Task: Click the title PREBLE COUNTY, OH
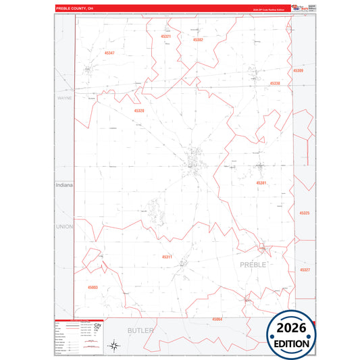[x=76, y=9]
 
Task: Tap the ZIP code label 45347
[x=110, y=53]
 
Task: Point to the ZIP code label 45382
[x=198, y=40]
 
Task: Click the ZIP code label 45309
[x=298, y=70]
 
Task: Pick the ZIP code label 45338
[x=274, y=83]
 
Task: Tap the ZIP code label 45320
[x=138, y=110]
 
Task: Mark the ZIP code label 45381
[x=261, y=183]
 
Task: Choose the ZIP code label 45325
[x=304, y=213]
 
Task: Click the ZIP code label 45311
[x=167, y=257]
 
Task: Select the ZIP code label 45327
[x=304, y=270]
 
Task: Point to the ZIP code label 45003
[x=93, y=287]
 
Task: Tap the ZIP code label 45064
[x=216, y=318]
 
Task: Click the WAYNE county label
[x=64, y=98]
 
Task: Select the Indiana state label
[x=64, y=184]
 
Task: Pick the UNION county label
[x=64, y=226]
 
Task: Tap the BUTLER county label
[x=140, y=330]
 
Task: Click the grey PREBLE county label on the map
[x=253, y=264]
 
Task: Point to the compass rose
[x=115, y=347]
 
